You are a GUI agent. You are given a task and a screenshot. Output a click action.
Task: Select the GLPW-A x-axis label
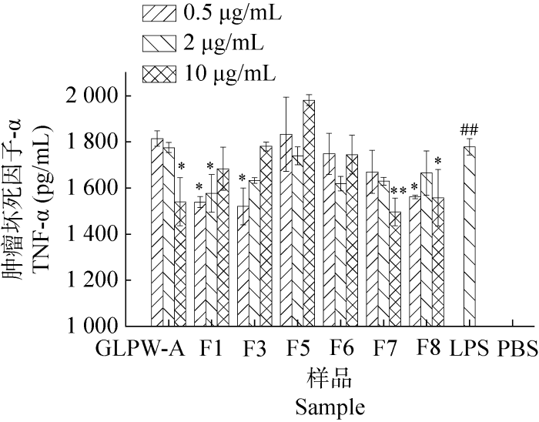tap(141, 347)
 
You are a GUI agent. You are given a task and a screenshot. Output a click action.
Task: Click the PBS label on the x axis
tap(517, 347)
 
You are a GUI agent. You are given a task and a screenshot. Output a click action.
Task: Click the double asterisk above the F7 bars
tap(399, 192)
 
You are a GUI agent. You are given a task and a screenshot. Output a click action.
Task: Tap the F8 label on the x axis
tap(427, 347)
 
